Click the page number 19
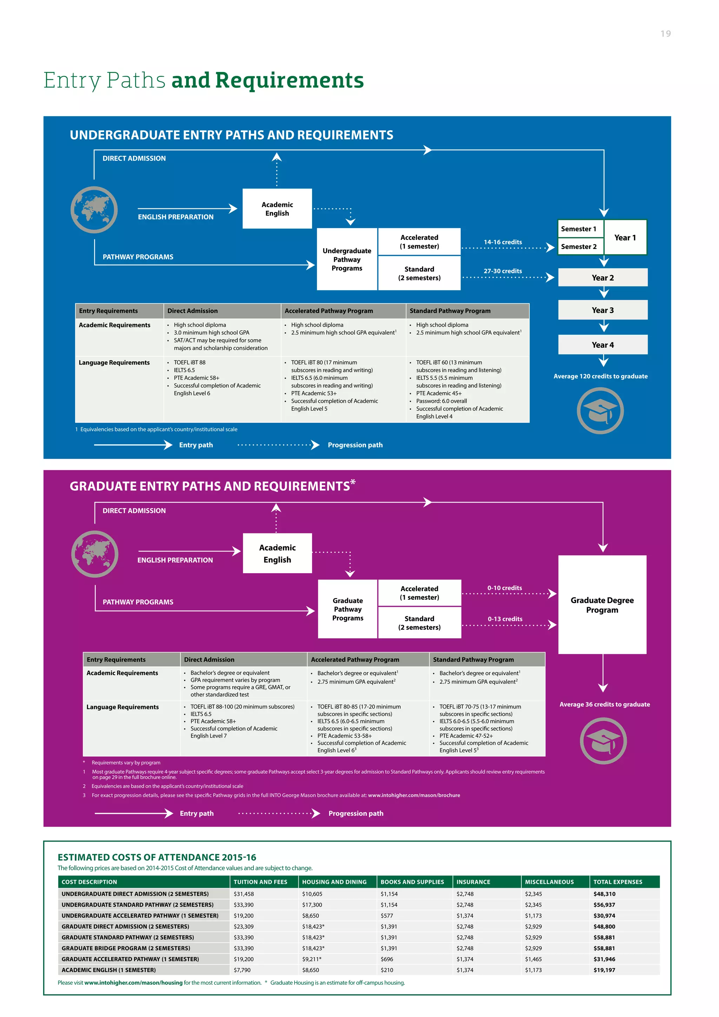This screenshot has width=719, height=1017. pos(665,34)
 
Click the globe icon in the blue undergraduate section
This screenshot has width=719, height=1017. pos(94,210)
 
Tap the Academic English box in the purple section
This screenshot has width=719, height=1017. pos(277,553)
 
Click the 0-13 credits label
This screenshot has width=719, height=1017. pos(505,619)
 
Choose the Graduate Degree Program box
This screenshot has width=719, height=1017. pos(602,605)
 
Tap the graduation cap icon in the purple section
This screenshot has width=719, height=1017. pos(603,741)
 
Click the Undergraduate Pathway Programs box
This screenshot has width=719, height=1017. pos(347,260)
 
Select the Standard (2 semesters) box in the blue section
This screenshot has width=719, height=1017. pos(419,273)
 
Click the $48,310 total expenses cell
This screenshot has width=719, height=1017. pos(604,894)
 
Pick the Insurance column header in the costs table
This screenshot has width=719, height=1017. pos(473,882)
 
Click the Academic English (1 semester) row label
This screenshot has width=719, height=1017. pos(108,970)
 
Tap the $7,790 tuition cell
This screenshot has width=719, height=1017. pos(242,970)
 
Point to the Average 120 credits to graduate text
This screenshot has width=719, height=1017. pos(600,376)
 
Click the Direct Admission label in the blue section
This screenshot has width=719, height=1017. pos(134,158)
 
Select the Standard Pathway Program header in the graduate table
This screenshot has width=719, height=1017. pos(473,660)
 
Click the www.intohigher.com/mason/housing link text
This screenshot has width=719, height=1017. pos(133,983)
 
